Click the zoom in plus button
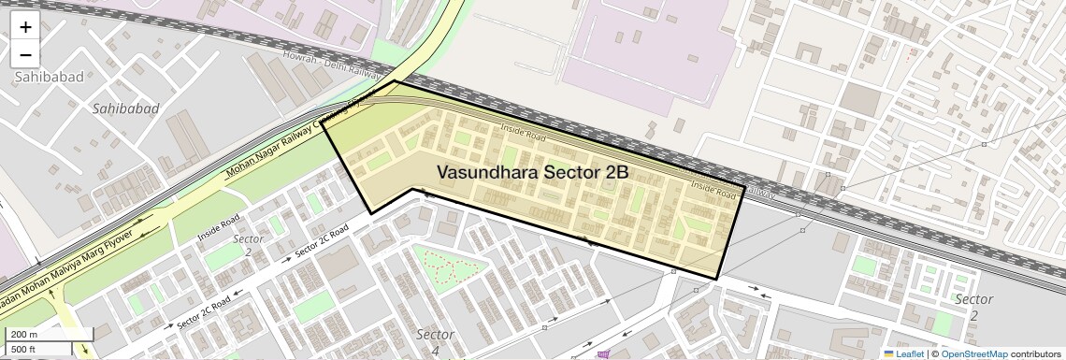coord(25,27)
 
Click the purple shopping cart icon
coord(604,354)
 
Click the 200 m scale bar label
coord(24,335)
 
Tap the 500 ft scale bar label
coord(24,349)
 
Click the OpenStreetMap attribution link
coord(973,353)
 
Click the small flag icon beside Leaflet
coord(888,353)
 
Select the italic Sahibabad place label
coord(126,109)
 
